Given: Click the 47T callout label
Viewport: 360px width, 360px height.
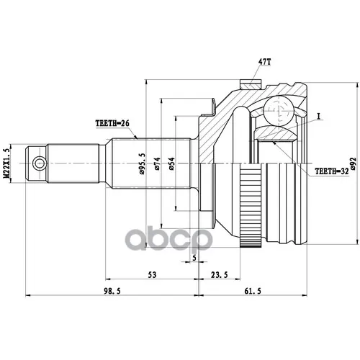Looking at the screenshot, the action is tap(265, 62).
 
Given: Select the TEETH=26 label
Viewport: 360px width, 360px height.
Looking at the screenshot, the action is tap(112, 123).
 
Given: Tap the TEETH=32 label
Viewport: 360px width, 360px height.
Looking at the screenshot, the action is tap(332, 171).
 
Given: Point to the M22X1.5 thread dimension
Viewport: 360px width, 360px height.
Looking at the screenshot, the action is tap(6, 163).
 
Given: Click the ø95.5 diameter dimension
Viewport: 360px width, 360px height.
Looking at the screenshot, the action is tap(143, 164).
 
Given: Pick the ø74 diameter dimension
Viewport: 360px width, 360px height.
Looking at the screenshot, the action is tap(158, 163).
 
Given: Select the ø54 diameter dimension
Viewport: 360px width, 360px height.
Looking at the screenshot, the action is tap(171, 163).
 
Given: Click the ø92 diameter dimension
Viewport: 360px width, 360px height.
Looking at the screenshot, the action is tap(353, 163).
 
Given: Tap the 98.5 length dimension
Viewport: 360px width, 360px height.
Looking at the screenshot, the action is tap(112, 291).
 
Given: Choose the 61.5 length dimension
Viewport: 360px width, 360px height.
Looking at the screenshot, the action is tap(253, 291).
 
